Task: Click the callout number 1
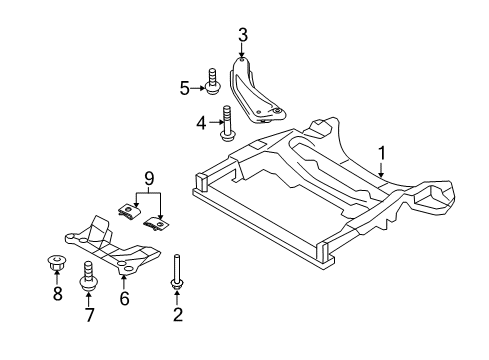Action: [x=381, y=153]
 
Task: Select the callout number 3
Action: [x=243, y=37]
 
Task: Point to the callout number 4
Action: [x=199, y=124]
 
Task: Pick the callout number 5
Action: [x=185, y=88]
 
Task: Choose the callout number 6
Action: [x=125, y=297]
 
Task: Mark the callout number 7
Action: [x=88, y=316]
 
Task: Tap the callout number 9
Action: [x=147, y=181]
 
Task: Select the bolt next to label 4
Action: [x=228, y=126]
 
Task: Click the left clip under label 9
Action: [x=127, y=211]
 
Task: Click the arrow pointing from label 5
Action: [x=197, y=88]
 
